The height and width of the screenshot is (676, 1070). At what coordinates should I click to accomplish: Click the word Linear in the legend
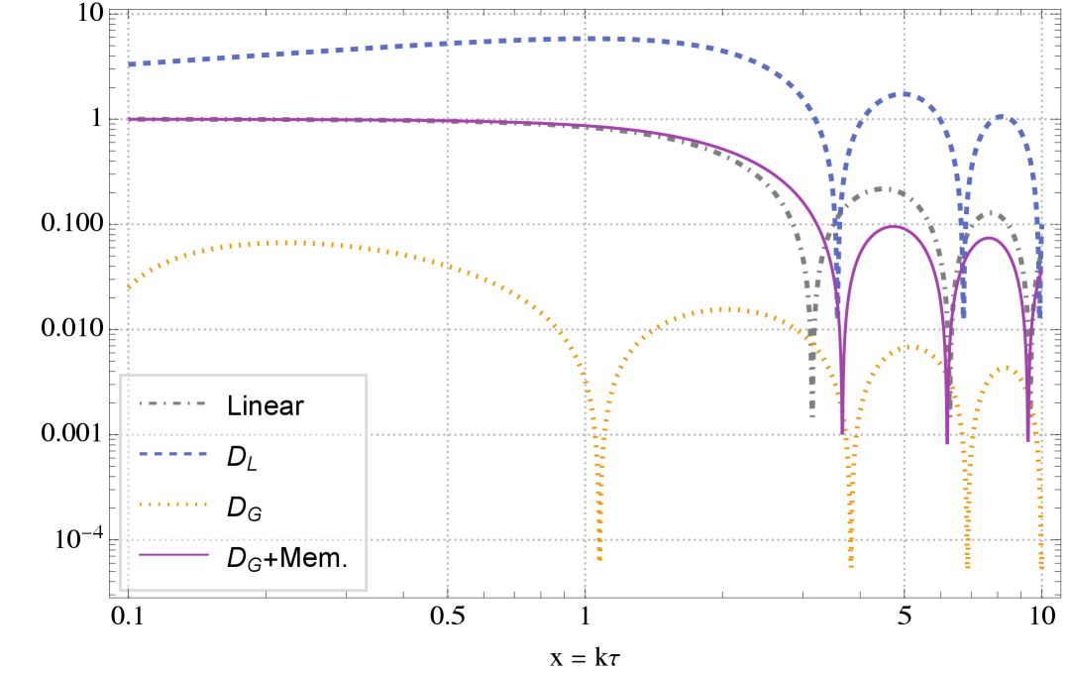265,405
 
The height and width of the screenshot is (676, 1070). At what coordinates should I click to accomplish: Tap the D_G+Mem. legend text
286,557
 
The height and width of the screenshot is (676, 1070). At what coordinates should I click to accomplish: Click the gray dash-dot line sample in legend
173,404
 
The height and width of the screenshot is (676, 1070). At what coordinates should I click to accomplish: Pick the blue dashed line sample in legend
173,454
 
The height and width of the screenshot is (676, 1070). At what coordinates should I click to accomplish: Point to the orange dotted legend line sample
173,505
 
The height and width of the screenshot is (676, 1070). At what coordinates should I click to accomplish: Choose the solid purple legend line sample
173,555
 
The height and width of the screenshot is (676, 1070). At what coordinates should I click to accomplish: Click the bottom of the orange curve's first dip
599,560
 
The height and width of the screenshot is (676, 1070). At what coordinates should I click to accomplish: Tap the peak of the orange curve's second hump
725,309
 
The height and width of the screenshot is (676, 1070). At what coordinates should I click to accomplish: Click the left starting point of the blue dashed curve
129,64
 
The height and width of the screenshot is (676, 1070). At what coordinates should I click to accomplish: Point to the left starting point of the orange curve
129,287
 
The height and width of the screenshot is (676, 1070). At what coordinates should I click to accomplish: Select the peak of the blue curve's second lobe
901,93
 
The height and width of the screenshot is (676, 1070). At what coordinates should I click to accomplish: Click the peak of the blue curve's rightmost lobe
1000,117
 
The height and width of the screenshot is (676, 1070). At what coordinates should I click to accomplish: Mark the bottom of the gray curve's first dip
811,416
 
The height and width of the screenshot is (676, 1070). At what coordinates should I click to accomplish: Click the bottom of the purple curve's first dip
842,433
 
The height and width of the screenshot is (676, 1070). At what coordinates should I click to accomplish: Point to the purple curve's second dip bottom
947,442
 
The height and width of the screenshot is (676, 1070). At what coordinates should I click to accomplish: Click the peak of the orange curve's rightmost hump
1007,367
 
